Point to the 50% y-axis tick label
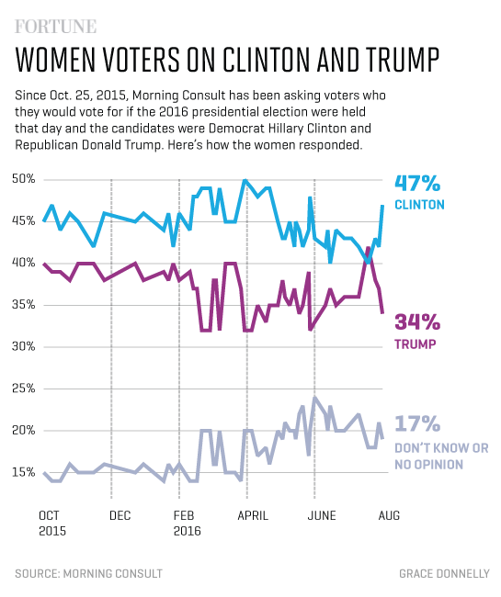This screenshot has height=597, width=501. [x=26, y=178]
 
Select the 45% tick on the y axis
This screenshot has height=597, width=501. [x=26, y=220]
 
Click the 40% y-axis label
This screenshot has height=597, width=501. [x=26, y=263]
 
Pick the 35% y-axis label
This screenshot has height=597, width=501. [x=26, y=304]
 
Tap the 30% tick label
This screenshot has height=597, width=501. [x=26, y=346]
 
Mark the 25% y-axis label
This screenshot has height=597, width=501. [x=26, y=389]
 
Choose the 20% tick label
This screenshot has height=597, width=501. [x=26, y=430]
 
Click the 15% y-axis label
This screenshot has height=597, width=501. [x=26, y=472]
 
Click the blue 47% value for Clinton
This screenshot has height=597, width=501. [x=418, y=184]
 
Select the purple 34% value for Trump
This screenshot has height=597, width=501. [x=417, y=322]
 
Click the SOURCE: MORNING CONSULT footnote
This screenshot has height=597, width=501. [x=88, y=573]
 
